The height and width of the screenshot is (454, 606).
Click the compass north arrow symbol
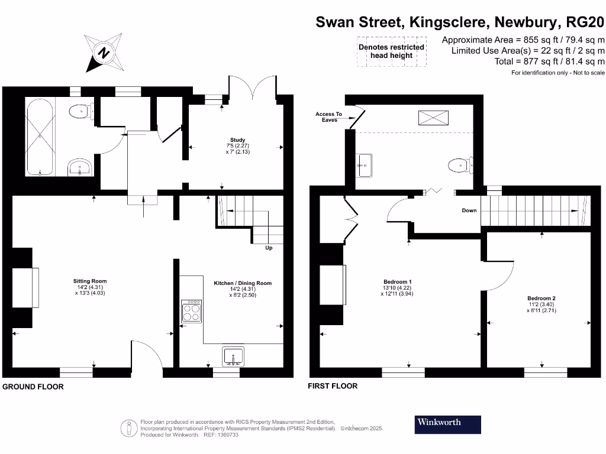105,52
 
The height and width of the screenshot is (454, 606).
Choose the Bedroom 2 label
541,304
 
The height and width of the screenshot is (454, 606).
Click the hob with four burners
191,311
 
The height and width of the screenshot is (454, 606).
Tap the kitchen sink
233,356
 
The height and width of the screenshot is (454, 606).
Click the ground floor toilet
80,111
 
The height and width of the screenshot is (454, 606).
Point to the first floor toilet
460,166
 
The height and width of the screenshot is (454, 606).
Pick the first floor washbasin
363,165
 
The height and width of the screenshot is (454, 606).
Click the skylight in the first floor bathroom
433,118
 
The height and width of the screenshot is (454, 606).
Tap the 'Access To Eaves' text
329,117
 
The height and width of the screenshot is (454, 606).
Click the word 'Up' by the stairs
269,248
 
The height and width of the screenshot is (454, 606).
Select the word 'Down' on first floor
469,210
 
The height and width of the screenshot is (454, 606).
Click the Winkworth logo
447,423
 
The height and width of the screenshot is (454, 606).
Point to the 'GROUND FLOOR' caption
33,387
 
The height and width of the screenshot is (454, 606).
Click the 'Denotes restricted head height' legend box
391,51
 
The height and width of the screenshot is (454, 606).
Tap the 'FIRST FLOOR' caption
333,386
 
